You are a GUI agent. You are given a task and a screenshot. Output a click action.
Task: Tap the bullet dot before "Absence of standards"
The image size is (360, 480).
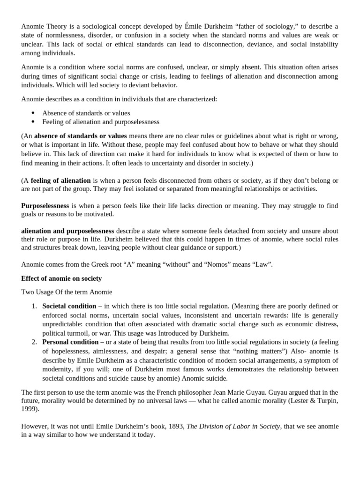33,113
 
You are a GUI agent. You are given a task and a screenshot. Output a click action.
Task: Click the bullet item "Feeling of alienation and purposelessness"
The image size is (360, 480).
101,122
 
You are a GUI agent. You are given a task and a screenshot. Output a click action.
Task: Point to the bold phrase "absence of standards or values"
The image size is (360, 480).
81,136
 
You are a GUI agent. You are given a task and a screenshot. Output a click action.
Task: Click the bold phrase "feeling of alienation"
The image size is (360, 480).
61,180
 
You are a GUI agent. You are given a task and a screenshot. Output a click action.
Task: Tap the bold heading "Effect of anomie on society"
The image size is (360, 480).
61,278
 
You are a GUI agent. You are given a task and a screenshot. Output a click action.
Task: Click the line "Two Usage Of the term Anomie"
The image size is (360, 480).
67,292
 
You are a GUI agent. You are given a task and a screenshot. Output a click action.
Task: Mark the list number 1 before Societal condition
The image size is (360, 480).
34,306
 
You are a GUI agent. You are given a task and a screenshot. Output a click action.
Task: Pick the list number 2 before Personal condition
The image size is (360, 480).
34,342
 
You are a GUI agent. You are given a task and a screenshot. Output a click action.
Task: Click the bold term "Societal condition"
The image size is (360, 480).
69,306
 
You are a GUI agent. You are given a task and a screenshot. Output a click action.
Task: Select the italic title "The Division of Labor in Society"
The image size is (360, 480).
233,426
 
